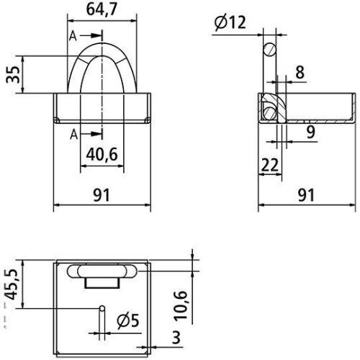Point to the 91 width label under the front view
(x=102, y=194)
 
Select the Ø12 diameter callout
(x=230, y=22)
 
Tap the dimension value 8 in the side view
(x=300, y=71)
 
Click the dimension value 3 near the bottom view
(x=176, y=338)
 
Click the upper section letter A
(x=73, y=35)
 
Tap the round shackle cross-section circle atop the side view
(x=269, y=49)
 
